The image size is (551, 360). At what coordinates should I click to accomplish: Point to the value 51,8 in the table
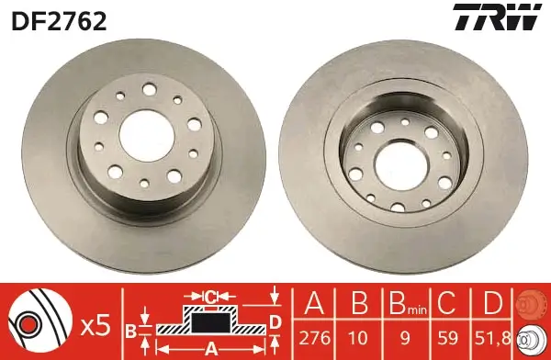pyautogui.click(x=492, y=335)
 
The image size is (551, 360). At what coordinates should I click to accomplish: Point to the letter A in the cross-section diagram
pyautogui.click(x=209, y=347)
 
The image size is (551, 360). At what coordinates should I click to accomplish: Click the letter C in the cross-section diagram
pyautogui.click(x=209, y=296)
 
